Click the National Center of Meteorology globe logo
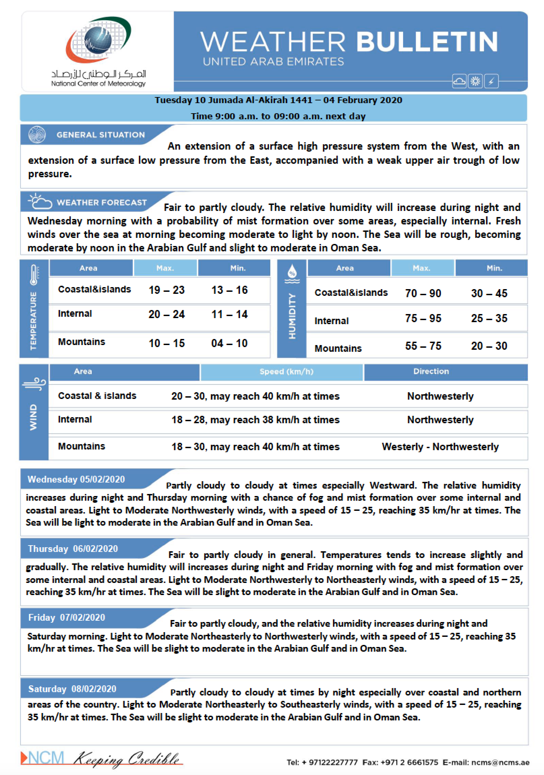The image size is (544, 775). tap(98, 40)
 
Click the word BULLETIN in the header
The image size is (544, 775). tap(427, 42)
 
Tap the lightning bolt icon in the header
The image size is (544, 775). tap(491, 81)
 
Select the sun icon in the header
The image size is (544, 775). tap(475, 81)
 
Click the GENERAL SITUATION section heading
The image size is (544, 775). tap(101, 135)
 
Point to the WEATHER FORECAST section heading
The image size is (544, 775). tap(102, 203)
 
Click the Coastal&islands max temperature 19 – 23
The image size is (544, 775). tap(167, 290)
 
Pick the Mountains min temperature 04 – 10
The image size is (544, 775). tap(229, 343)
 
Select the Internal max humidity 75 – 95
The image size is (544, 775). tap(423, 318)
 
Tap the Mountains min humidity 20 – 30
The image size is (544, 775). tap(489, 346)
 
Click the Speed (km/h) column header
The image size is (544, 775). tap(286, 372)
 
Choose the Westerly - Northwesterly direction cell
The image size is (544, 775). tap(440, 447)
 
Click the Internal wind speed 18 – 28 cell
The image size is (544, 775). tap(255, 420)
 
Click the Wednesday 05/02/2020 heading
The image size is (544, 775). tap(76, 479)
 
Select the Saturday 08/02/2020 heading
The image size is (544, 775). tap(72, 689)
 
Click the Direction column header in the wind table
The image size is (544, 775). tap(431, 371)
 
